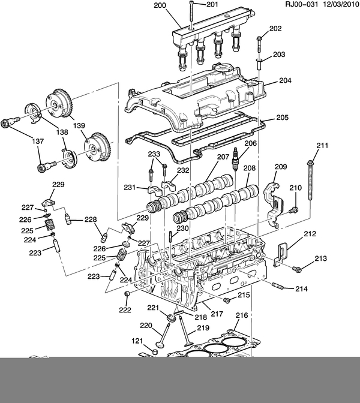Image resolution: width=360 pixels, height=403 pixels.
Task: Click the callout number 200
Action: click(x=160, y=5)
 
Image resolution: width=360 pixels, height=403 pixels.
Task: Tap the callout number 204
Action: click(x=285, y=80)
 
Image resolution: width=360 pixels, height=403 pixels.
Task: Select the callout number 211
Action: click(x=322, y=146)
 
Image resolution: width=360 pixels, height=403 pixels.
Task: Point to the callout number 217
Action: click(x=217, y=314)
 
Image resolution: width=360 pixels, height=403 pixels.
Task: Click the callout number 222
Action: click(x=125, y=310)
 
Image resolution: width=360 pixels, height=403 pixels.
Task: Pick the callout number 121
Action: click(x=137, y=341)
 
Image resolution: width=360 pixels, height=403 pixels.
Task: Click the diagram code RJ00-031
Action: click(x=301, y=4)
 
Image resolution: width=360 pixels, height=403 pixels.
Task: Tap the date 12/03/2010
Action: click(x=341, y=4)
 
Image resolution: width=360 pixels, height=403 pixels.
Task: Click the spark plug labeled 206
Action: click(x=235, y=159)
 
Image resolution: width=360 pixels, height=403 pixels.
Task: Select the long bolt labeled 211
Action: click(x=310, y=179)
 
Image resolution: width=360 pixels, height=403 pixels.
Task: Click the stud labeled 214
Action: click(x=278, y=285)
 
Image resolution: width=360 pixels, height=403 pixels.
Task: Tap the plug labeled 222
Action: click(x=127, y=294)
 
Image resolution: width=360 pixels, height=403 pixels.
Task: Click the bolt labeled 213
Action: click(x=297, y=269)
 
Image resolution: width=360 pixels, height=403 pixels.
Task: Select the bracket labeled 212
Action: click(x=281, y=254)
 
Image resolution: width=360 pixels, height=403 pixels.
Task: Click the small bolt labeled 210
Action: click(x=293, y=210)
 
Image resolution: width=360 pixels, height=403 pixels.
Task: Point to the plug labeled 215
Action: click(x=227, y=300)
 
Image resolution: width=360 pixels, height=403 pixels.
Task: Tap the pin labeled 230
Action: click(x=170, y=236)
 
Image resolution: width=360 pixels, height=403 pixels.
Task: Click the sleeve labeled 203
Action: click(x=259, y=64)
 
